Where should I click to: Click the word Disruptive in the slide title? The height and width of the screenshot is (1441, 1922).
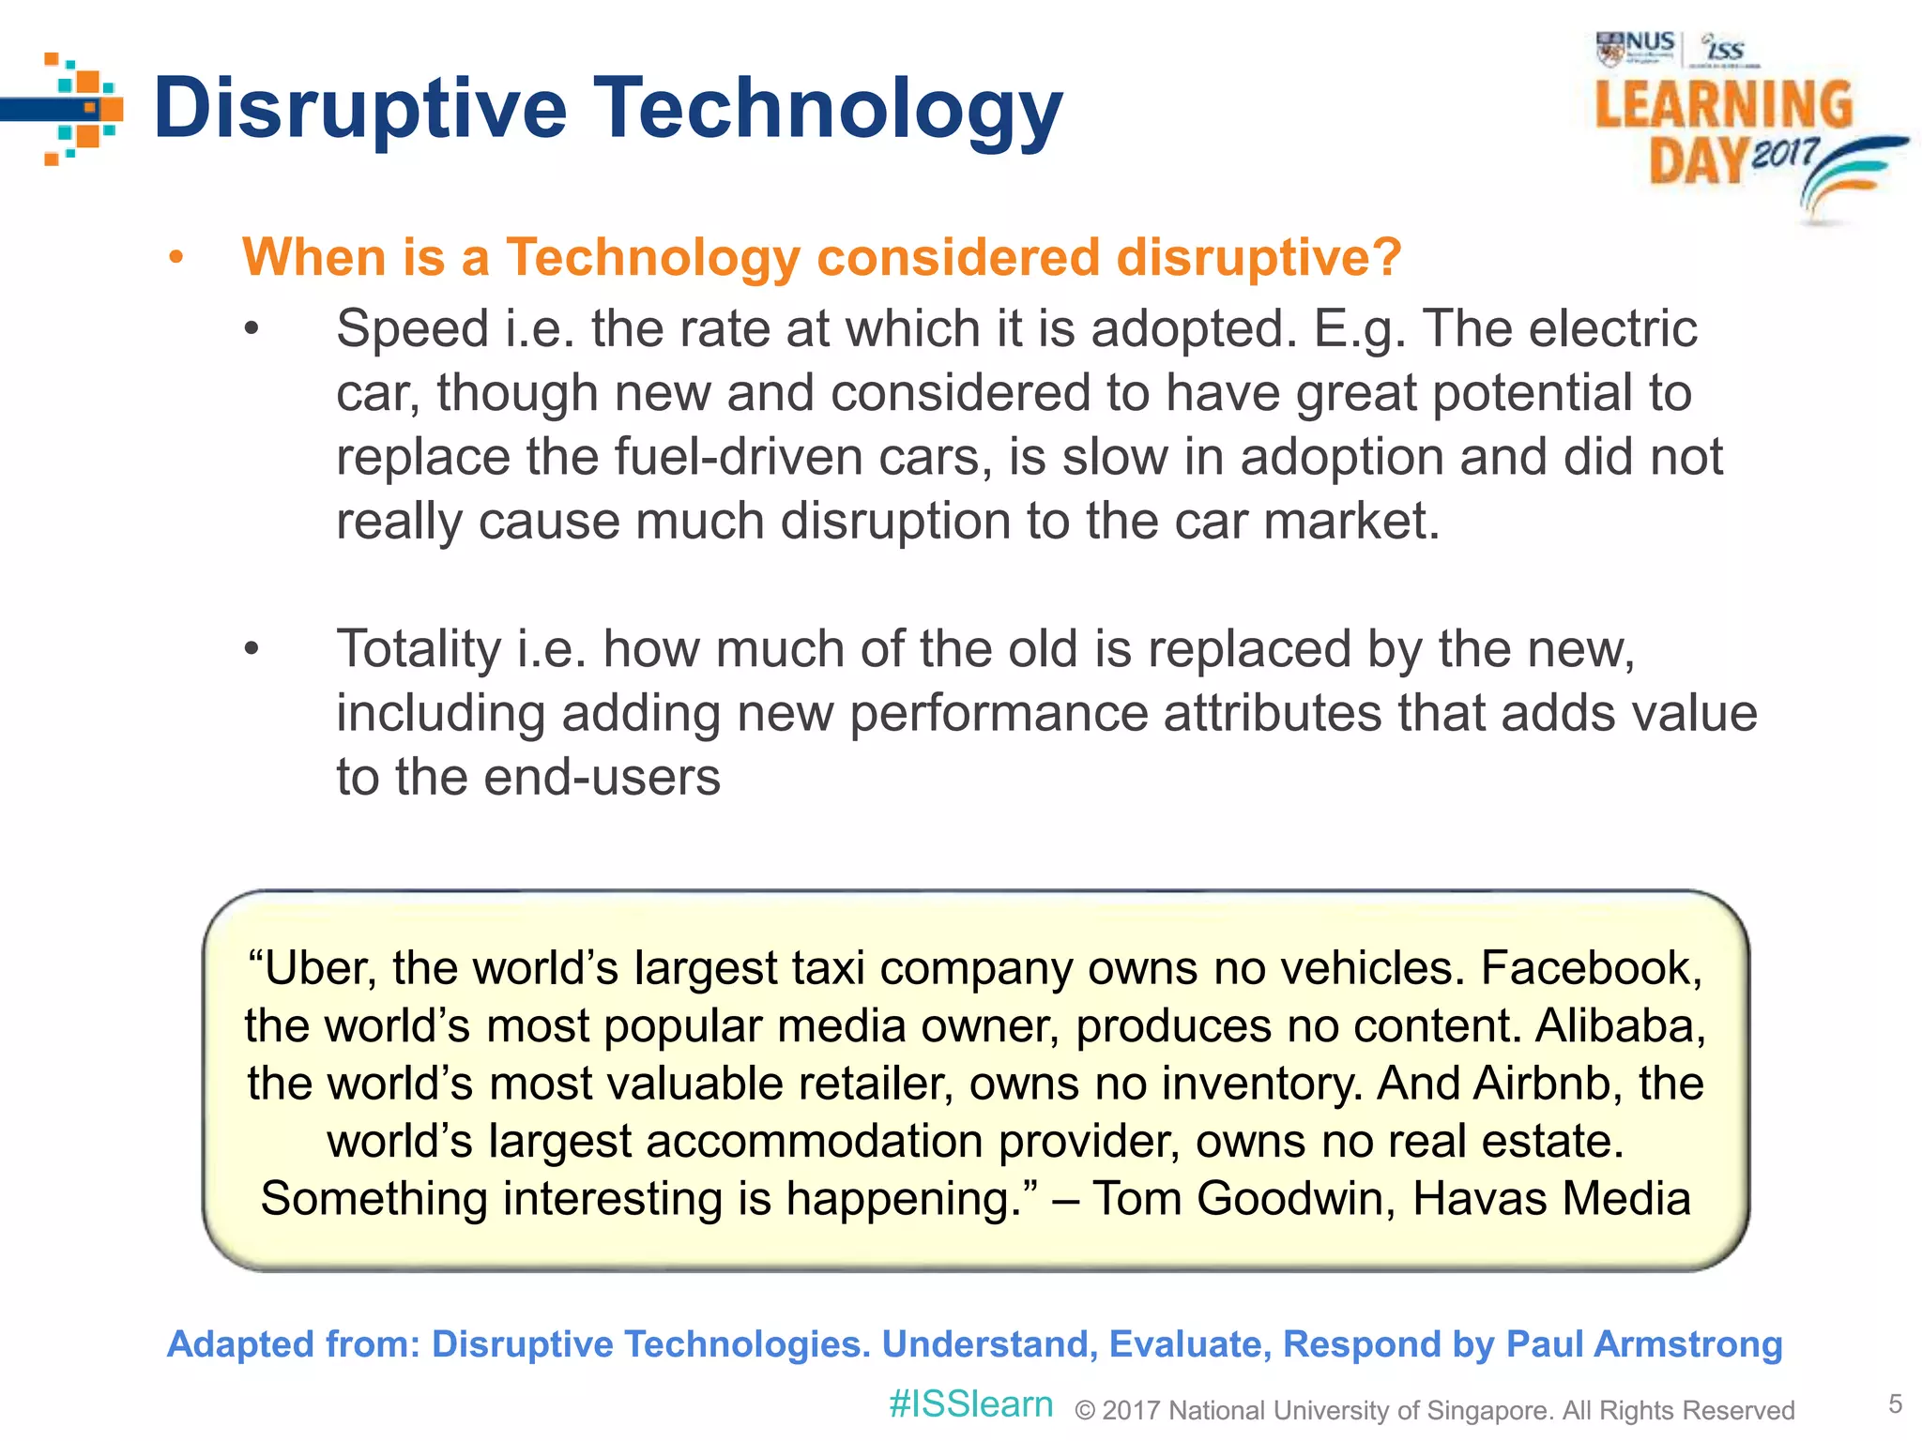coord(360,109)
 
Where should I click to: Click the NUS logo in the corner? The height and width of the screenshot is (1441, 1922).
coord(1636,47)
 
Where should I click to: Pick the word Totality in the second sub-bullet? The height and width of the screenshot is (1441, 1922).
coord(419,649)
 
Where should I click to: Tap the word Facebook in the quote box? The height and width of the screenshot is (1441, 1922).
coord(1591,968)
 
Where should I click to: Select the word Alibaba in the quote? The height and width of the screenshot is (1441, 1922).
coord(1620,1025)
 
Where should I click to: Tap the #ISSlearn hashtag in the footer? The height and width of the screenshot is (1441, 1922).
coord(970,1404)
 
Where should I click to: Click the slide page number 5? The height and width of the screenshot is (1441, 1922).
coord(1895,1404)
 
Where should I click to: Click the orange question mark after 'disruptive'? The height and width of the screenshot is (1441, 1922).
coord(1384,257)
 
